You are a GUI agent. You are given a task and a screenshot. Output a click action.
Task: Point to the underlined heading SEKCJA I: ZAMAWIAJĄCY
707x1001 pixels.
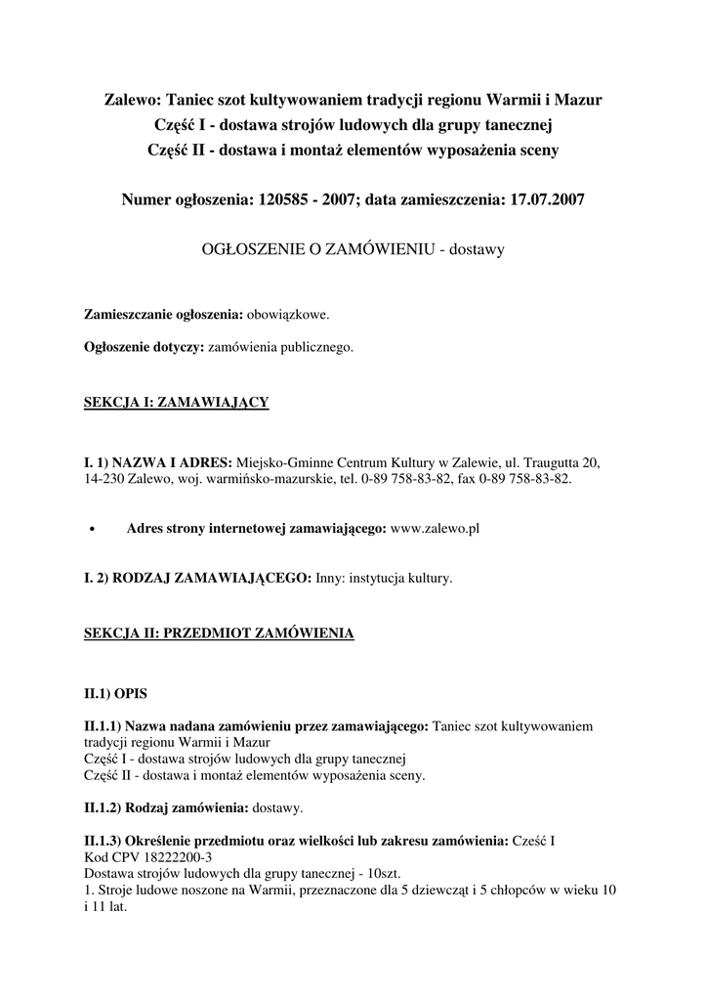coord(177,402)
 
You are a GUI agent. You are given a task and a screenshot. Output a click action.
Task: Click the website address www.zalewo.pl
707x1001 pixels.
coord(434,528)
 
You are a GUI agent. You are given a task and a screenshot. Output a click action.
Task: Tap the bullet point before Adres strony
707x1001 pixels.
coord(91,529)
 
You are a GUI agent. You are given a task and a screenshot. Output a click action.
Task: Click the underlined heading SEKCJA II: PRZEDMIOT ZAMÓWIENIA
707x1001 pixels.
coord(219,633)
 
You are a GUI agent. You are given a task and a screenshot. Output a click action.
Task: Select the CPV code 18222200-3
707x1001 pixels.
coord(163,856)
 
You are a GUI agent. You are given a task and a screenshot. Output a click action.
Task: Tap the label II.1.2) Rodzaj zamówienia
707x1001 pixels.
coord(166,808)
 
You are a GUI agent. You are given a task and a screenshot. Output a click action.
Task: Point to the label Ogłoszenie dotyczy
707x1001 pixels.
coord(144,347)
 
